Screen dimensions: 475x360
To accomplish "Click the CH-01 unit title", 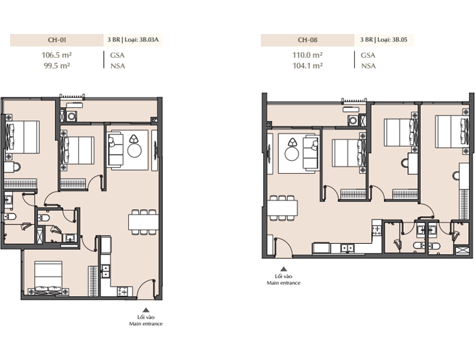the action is tap(57, 39).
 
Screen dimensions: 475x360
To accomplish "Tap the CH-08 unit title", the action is tap(307, 39).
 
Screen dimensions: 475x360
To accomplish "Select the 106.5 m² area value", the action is tap(56, 55).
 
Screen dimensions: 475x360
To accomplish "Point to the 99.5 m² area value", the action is tap(57, 66).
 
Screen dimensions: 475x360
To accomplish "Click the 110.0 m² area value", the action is tap(307, 55).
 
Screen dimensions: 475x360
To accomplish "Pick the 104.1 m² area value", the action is tap(307, 66).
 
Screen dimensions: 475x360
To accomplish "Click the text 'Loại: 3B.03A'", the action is tap(142, 39).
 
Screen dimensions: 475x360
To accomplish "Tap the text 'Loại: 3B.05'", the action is tap(392, 39).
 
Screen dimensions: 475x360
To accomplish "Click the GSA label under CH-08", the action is tap(368, 55).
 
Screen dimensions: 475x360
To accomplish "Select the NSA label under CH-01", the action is tap(117, 66).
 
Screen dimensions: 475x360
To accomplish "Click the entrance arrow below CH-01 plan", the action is tap(146, 310).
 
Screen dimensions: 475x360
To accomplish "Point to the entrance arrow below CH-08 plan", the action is tap(284, 269).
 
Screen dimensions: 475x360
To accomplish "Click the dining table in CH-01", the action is tap(143, 222).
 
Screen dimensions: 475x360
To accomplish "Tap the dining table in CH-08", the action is tap(282, 208).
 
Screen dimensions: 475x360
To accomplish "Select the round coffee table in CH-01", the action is tap(134, 150).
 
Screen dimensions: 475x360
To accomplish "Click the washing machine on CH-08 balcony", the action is tap(353, 120).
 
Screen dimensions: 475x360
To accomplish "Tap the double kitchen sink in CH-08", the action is tap(347, 249).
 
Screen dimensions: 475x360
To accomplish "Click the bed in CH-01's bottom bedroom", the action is tap(48, 278).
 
